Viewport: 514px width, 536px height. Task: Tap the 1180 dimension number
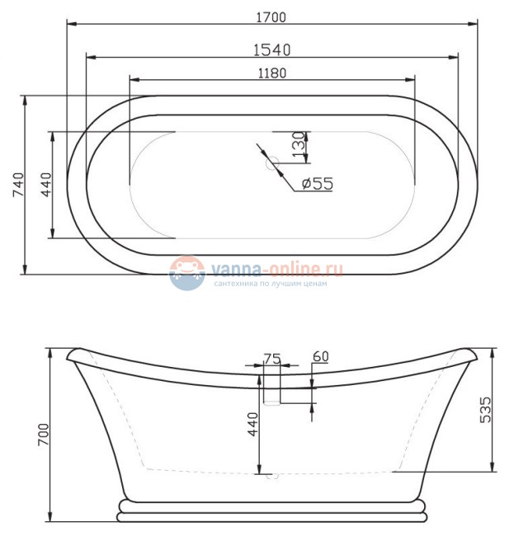[271, 73]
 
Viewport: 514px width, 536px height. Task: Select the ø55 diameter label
[317, 184]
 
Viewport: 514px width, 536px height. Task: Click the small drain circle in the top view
[270, 163]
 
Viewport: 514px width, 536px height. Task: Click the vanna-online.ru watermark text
[276, 269]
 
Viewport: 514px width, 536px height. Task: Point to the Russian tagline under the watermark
[271, 284]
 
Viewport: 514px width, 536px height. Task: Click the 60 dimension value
[321, 356]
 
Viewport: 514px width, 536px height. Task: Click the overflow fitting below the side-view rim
[271, 393]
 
